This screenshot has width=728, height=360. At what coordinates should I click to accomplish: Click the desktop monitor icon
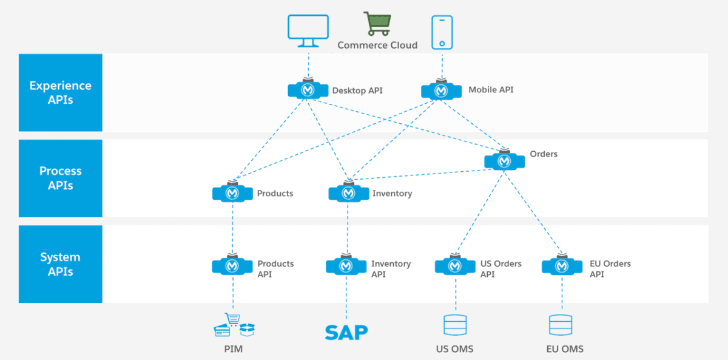click(x=308, y=31)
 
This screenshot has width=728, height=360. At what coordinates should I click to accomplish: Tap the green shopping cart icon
click(x=377, y=24)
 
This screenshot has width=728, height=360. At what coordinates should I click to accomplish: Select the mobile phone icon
click(x=442, y=32)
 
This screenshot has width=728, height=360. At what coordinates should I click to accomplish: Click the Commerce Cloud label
click(x=377, y=45)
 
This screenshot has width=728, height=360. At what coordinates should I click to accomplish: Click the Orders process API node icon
click(x=505, y=161)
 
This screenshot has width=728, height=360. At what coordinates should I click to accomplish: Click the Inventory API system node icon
click(x=346, y=266)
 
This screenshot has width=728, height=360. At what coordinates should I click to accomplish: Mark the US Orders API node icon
click(x=456, y=266)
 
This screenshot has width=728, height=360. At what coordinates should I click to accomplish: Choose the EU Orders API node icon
click(x=562, y=266)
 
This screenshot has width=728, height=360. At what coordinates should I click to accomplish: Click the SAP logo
click(x=346, y=332)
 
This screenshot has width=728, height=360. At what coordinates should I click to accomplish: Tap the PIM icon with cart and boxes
click(x=234, y=326)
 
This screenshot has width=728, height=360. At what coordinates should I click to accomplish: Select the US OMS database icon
click(x=455, y=325)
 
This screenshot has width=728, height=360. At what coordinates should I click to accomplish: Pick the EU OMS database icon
click(x=561, y=325)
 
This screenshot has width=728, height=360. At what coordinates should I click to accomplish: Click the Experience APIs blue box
click(x=61, y=92)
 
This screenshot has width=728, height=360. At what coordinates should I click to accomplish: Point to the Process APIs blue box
click(x=61, y=178)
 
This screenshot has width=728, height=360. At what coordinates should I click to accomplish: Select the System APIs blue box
click(x=61, y=264)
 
